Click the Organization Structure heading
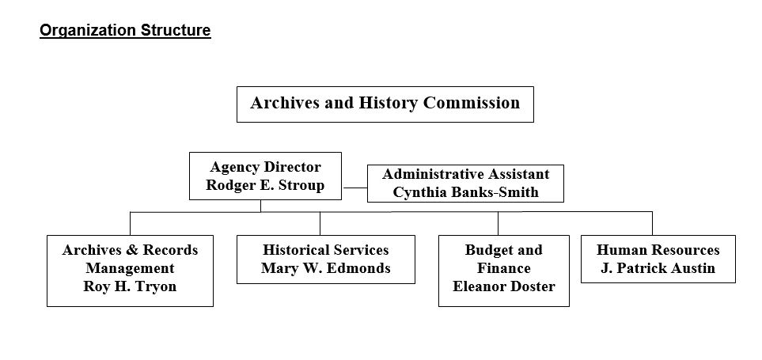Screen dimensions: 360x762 pyautogui.click(x=125, y=31)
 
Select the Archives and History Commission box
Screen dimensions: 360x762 pyautogui.click(x=385, y=104)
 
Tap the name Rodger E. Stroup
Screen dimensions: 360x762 pyautogui.click(x=265, y=185)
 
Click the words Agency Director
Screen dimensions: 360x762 pyautogui.click(x=265, y=167)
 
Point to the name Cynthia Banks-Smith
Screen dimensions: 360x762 pyautogui.click(x=465, y=192)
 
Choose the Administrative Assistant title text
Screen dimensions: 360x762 pyautogui.click(x=465, y=174)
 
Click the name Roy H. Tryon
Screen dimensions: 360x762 pyautogui.click(x=130, y=286)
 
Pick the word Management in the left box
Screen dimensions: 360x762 pyautogui.click(x=130, y=268)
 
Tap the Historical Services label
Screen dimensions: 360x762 pyautogui.click(x=325, y=250)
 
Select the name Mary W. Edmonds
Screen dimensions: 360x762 pyautogui.click(x=325, y=268)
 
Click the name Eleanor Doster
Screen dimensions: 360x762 pyautogui.click(x=503, y=286)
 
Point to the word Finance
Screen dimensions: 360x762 pyautogui.click(x=503, y=268)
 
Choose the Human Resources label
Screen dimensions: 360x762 pyautogui.click(x=658, y=250)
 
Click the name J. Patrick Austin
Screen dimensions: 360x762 pyautogui.click(x=658, y=268)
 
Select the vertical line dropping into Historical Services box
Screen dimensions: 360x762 pyautogui.click(x=320, y=223)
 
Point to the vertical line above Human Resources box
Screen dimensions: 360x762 pyautogui.click(x=652, y=223)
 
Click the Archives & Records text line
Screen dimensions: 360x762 pyautogui.click(x=130, y=250)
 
